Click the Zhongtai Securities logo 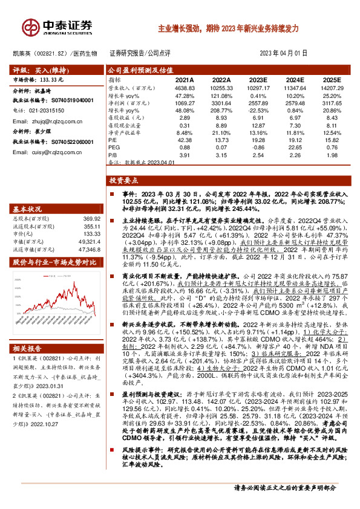tap(57, 27)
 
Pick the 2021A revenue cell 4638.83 tap(183, 88)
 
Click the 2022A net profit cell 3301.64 tap(221, 103)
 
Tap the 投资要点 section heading tap(124, 181)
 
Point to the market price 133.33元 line tap(36, 79)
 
